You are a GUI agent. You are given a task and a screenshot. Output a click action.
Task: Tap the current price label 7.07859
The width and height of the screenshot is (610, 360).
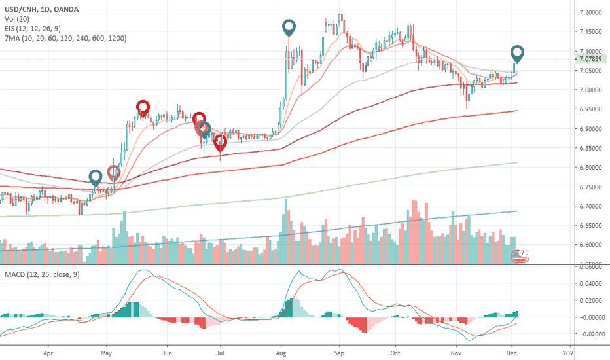point(591,59)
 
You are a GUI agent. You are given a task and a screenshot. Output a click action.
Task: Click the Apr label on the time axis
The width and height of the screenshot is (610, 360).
point(48,351)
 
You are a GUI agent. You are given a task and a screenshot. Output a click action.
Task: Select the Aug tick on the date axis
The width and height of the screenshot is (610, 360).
point(281,351)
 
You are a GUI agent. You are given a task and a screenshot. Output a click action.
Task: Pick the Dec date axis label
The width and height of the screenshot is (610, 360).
point(512,351)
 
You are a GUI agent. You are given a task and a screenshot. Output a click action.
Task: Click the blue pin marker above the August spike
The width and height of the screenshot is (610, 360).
point(289,27)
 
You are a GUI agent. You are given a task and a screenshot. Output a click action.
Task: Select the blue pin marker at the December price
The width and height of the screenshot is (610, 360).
point(517,52)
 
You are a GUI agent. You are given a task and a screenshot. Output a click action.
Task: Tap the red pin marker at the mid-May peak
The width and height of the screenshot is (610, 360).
point(143,107)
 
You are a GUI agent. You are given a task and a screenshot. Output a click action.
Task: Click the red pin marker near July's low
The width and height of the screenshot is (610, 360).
point(220,141)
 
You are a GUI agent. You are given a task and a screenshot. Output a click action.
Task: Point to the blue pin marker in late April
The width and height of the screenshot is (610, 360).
point(96,176)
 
